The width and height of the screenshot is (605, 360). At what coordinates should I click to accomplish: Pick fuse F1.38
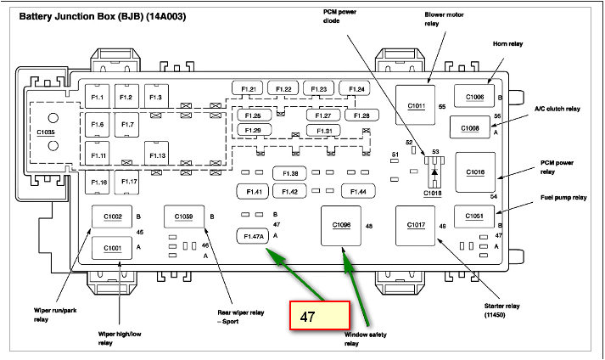tap(290, 174)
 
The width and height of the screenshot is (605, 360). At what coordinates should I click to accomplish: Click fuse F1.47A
tap(253, 236)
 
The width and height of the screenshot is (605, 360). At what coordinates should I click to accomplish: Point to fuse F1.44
tap(358, 192)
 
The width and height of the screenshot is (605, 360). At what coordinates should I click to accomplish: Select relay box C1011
tap(417, 106)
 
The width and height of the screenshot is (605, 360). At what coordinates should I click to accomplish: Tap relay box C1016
tap(475, 172)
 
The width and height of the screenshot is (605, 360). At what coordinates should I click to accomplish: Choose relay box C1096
tap(341, 225)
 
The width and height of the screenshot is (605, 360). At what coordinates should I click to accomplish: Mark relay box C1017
tap(416, 225)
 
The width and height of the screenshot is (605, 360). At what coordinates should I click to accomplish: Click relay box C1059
tap(184, 217)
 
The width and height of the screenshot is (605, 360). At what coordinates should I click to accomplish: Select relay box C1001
tap(113, 247)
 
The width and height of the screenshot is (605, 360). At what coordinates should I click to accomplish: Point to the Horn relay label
tap(508, 43)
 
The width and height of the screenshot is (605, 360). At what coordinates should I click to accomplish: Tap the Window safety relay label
tap(364, 339)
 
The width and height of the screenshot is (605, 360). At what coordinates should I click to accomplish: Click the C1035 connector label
tap(45, 132)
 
